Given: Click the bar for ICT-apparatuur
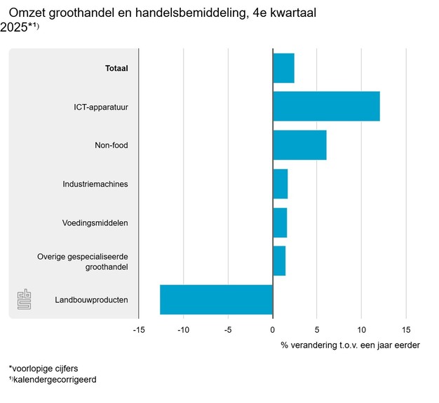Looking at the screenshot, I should [326, 106].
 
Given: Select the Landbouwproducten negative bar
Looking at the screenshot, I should [216, 300].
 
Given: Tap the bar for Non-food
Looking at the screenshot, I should [299, 145].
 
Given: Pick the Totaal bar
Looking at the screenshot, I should [283, 68].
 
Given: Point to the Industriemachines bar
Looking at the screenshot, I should [280, 184].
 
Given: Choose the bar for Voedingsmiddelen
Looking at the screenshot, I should [280, 223].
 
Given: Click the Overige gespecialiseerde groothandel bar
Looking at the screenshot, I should [279, 261].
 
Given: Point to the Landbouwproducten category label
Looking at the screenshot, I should [91, 300].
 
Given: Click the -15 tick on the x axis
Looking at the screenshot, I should [139, 330].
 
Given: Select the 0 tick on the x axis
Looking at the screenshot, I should [272, 330].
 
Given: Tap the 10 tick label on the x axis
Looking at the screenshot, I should [361, 330].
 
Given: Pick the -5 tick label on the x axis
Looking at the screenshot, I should [228, 330].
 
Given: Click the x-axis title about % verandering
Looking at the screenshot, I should [350, 345].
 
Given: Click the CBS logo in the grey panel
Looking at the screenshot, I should [25, 300].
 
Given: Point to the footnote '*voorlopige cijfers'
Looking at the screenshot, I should [43, 368].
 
